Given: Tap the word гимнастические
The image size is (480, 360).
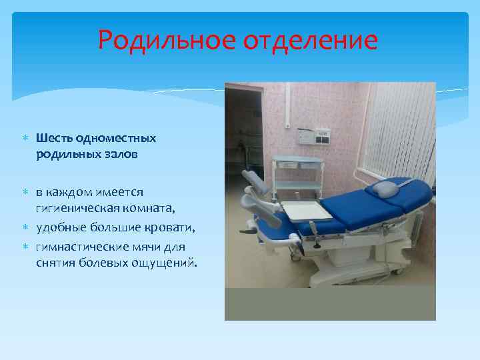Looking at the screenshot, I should tap(75, 247).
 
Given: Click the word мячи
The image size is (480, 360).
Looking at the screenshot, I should tap(137, 247).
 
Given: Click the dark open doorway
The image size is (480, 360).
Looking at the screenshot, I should tap(243, 133).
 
